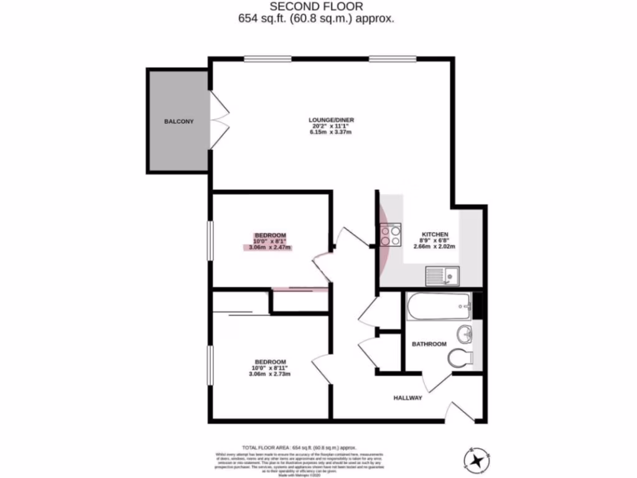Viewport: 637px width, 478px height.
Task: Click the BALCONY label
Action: (x=179, y=121)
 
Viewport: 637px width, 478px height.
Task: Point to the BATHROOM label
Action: (x=429, y=344)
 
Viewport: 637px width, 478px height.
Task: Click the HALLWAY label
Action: (x=407, y=398)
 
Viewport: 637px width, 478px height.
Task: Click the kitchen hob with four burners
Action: (x=390, y=235)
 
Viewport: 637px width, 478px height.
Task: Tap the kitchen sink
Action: (x=442, y=274)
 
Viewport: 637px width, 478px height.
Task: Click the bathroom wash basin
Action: (x=464, y=334)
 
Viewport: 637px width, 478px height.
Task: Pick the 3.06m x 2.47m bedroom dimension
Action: (x=270, y=248)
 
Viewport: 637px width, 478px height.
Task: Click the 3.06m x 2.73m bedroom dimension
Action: (x=270, y=374)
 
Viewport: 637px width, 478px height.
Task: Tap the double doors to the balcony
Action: (x=218, y=121)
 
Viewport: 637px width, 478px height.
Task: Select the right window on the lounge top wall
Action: (x=393, y=59)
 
